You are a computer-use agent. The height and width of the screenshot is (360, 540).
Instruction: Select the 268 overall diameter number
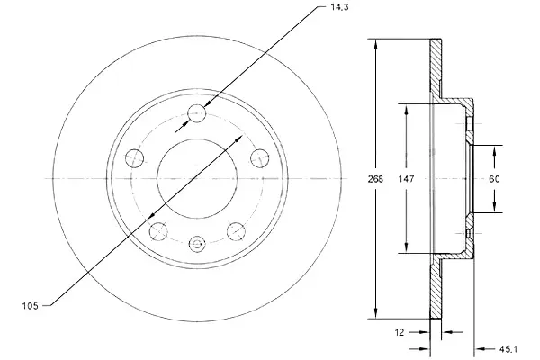[375, 179]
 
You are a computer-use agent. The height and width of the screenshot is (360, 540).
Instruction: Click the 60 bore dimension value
[494, 179]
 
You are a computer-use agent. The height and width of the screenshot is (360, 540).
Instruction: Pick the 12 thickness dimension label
[400, 331]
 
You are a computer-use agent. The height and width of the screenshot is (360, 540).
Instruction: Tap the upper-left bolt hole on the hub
[136, 157]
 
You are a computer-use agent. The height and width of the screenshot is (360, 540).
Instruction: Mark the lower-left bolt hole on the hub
[158, 230]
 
